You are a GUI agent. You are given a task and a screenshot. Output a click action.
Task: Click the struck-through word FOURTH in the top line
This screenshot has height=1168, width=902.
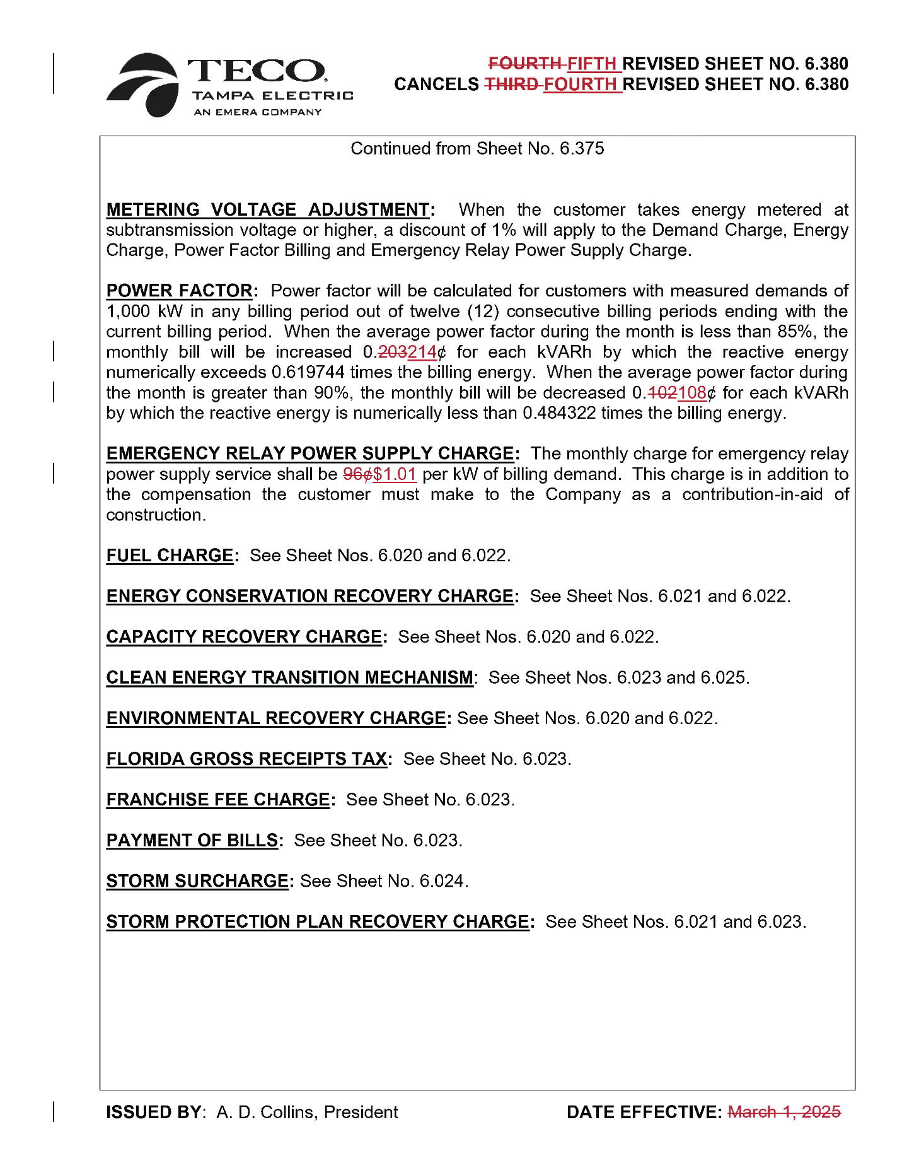click(x=524, y=64)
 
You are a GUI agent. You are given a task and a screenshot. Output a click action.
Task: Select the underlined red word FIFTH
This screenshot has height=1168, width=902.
click(x=591, y=64)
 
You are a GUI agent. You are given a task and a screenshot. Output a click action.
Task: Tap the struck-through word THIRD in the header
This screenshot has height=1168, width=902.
click(x=511, y=85)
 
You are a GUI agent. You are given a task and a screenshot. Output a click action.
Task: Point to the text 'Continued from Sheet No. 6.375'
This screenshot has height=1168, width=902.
click(x=477, y=149)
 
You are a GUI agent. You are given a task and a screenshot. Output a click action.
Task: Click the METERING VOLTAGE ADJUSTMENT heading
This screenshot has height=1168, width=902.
click(x=268, y=209)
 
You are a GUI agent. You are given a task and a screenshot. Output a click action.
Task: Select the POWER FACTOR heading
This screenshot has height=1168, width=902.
click(x=180, y=291)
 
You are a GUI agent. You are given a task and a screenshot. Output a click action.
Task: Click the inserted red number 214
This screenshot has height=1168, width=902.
click(x=422, y=352)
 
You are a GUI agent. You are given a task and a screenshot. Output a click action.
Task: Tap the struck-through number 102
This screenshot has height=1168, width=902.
click(x=662, y=393)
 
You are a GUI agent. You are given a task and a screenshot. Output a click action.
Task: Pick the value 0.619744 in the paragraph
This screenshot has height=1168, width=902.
click(x=308, y=373)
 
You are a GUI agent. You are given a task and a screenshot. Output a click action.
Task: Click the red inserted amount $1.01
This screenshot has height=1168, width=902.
click(x=395, y=474)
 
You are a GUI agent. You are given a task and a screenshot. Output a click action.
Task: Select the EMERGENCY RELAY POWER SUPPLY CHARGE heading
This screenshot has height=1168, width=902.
click(x=310, y=453)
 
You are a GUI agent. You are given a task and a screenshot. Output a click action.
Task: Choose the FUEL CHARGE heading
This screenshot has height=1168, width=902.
click(x=170, y=556)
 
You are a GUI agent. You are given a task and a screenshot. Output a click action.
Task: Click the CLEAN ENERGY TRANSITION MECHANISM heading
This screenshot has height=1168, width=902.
click(x=289, y=677)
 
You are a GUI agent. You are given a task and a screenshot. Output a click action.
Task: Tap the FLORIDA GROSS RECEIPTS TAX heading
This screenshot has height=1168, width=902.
click(x=246, y=759)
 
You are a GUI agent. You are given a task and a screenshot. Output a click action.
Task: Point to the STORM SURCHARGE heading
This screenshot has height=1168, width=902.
click(x=197, y=881)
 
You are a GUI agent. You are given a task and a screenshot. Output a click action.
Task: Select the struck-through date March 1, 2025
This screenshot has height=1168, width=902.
click(x=784, y=1112)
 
